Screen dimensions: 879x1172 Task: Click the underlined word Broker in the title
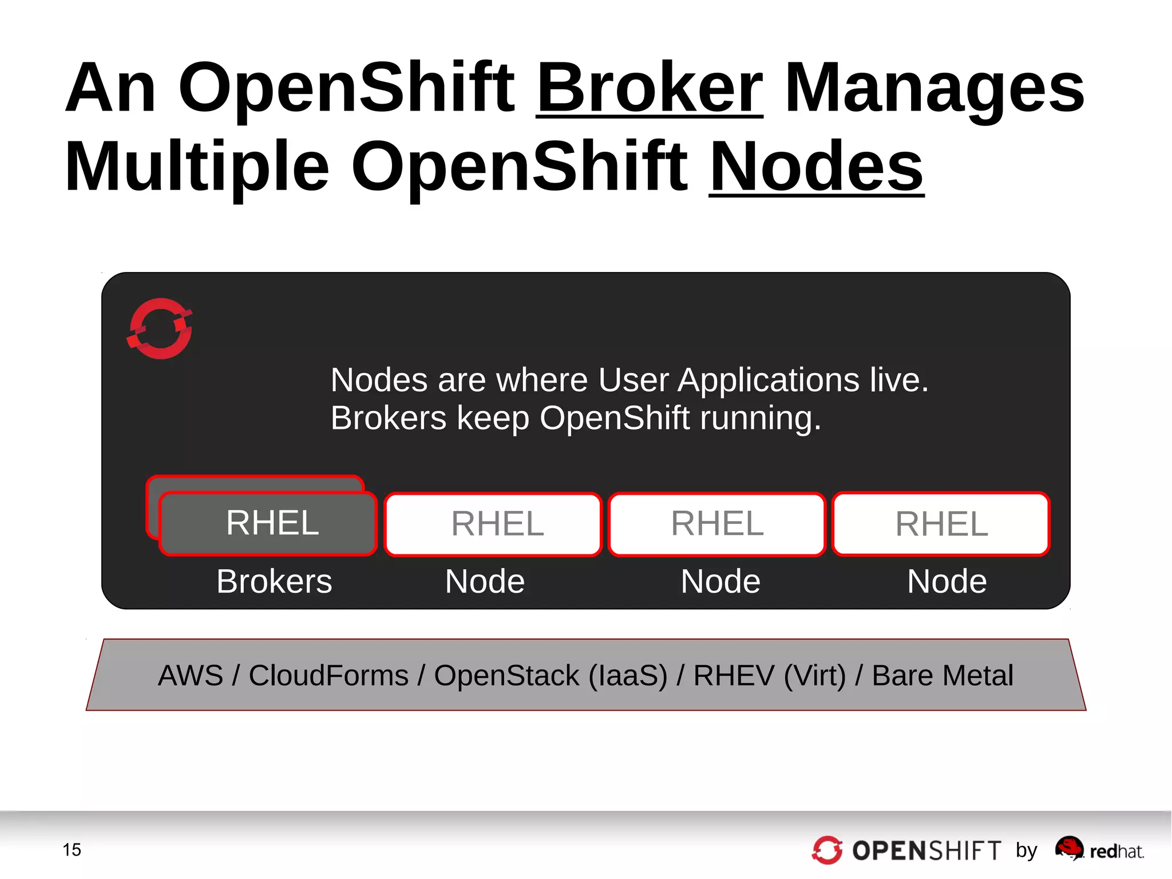coord(650,88)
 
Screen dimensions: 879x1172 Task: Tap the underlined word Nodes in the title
coord(816,167)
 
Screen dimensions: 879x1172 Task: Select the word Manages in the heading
coord(935,88)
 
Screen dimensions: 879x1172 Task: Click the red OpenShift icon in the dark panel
coord(160,329)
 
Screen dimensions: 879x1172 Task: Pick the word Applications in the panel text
coord(768,380)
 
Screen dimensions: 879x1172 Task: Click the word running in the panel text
coord(761,418)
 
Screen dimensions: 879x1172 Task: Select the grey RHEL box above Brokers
coord(268,523)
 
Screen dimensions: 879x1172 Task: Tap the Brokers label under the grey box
coord(274,581)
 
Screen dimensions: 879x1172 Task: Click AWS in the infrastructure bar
coord(191,675)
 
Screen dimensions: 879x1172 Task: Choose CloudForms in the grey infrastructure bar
coord(328,675)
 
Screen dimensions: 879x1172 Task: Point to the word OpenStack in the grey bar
coord(506,675)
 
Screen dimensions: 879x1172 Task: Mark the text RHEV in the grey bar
coord(734,675)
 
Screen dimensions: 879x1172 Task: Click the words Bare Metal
coord(943,675)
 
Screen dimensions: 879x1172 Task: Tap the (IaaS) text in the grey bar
coord(628,675)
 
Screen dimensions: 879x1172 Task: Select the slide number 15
coord(72,850)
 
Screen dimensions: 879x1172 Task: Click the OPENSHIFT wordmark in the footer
coord(926,851)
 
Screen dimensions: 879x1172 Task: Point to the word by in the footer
coord(1027,850)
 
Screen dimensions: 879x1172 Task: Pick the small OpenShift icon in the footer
coord(827,850)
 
